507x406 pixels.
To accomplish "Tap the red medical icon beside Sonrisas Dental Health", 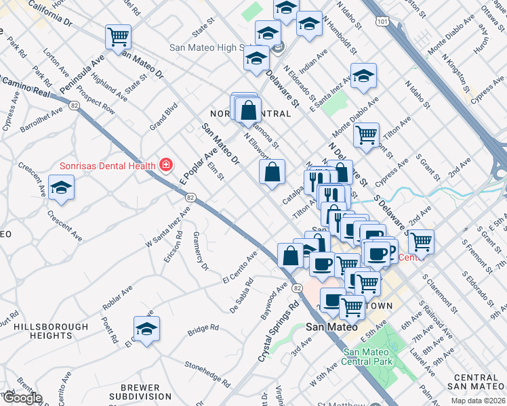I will point(165,164).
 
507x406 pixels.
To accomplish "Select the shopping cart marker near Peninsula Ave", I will point(118,36).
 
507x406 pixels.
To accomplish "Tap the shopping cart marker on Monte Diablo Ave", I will point(366,133).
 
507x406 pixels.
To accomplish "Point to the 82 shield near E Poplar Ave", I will point(190,197).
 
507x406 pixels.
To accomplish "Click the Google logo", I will point(22,398).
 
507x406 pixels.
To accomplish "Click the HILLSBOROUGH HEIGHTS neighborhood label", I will point(52,331).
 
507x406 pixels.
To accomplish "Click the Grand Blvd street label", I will point(163,116).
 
